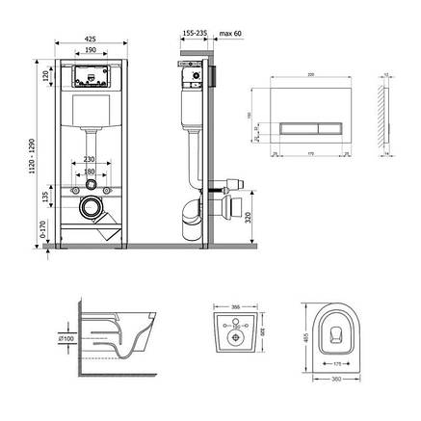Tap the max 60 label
pos(229,34)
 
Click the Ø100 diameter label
pos(66,339)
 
